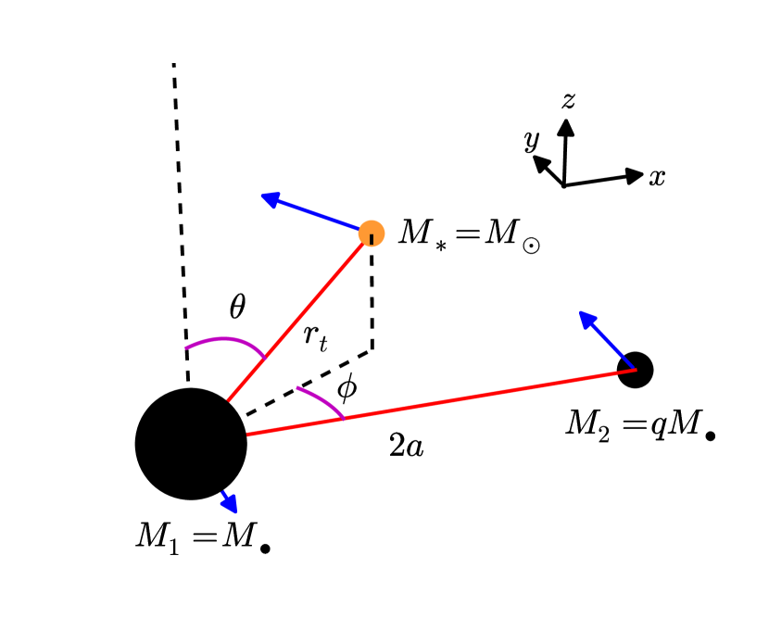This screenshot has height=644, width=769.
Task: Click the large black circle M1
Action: coord(191,444)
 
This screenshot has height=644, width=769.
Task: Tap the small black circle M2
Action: coord(636,370)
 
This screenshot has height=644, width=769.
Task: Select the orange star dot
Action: coord(372,233)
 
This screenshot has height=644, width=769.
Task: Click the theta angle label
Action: coord(237,308)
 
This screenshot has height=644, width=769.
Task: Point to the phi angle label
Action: coord(347,387)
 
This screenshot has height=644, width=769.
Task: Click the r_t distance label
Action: coord(315,339)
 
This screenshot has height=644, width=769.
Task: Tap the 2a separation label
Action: coord(407,448)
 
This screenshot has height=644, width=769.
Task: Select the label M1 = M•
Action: coord(203,537)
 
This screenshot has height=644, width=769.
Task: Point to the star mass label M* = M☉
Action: coord(469,233)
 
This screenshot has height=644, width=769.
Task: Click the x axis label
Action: coord(657,177)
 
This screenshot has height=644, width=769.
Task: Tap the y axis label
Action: coord(531,140)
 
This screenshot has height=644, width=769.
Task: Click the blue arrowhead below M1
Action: coord(230,504)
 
